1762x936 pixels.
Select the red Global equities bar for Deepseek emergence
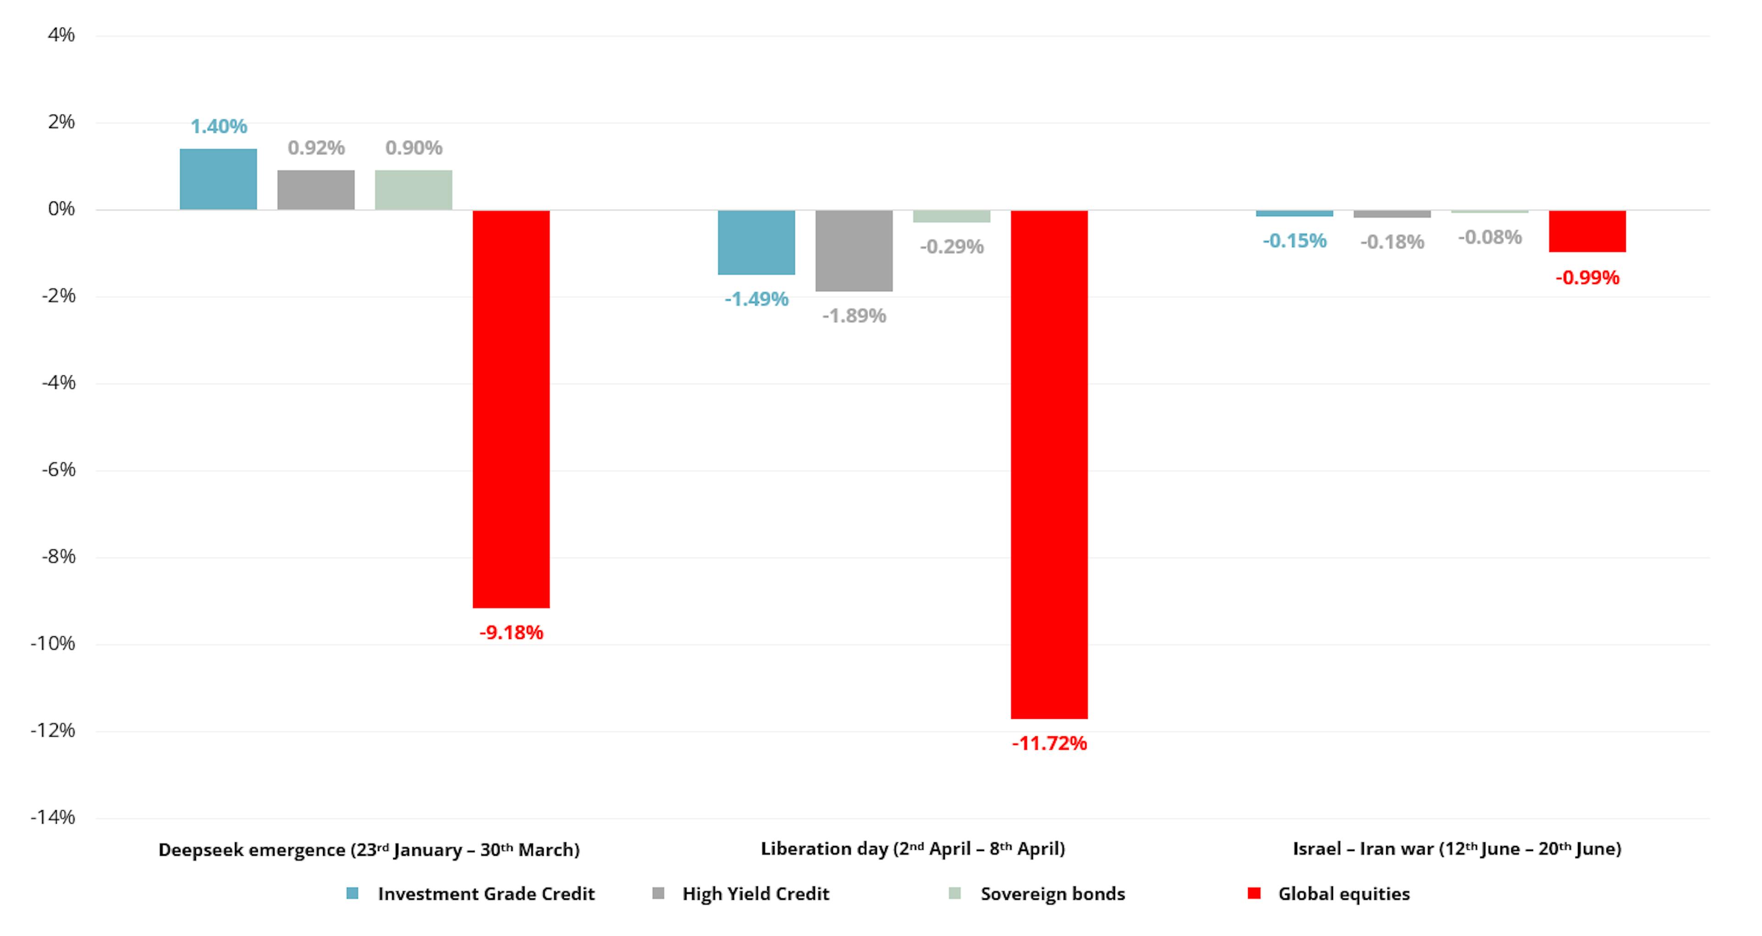point(511,409)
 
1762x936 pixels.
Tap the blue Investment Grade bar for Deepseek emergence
point(218,179)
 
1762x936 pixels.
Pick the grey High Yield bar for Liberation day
point(853,251)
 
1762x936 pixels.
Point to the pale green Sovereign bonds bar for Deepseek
point(413,190)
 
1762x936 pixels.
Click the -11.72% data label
point(1049,744)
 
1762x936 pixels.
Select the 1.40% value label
point(218,127)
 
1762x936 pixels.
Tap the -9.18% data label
point(511,633)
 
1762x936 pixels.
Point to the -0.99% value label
point(1587,278)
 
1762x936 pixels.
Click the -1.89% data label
point(853,316)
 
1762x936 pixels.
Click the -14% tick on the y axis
point(53,818)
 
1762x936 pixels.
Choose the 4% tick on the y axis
point(61,35)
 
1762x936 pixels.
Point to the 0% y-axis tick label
point(61,209)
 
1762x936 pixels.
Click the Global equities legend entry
point(1344,894)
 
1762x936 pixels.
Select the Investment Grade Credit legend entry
point(485,894)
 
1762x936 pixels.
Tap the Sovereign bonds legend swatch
point(955,894)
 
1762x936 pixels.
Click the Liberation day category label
point(913,849)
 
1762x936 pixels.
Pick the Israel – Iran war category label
point(1457,849)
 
